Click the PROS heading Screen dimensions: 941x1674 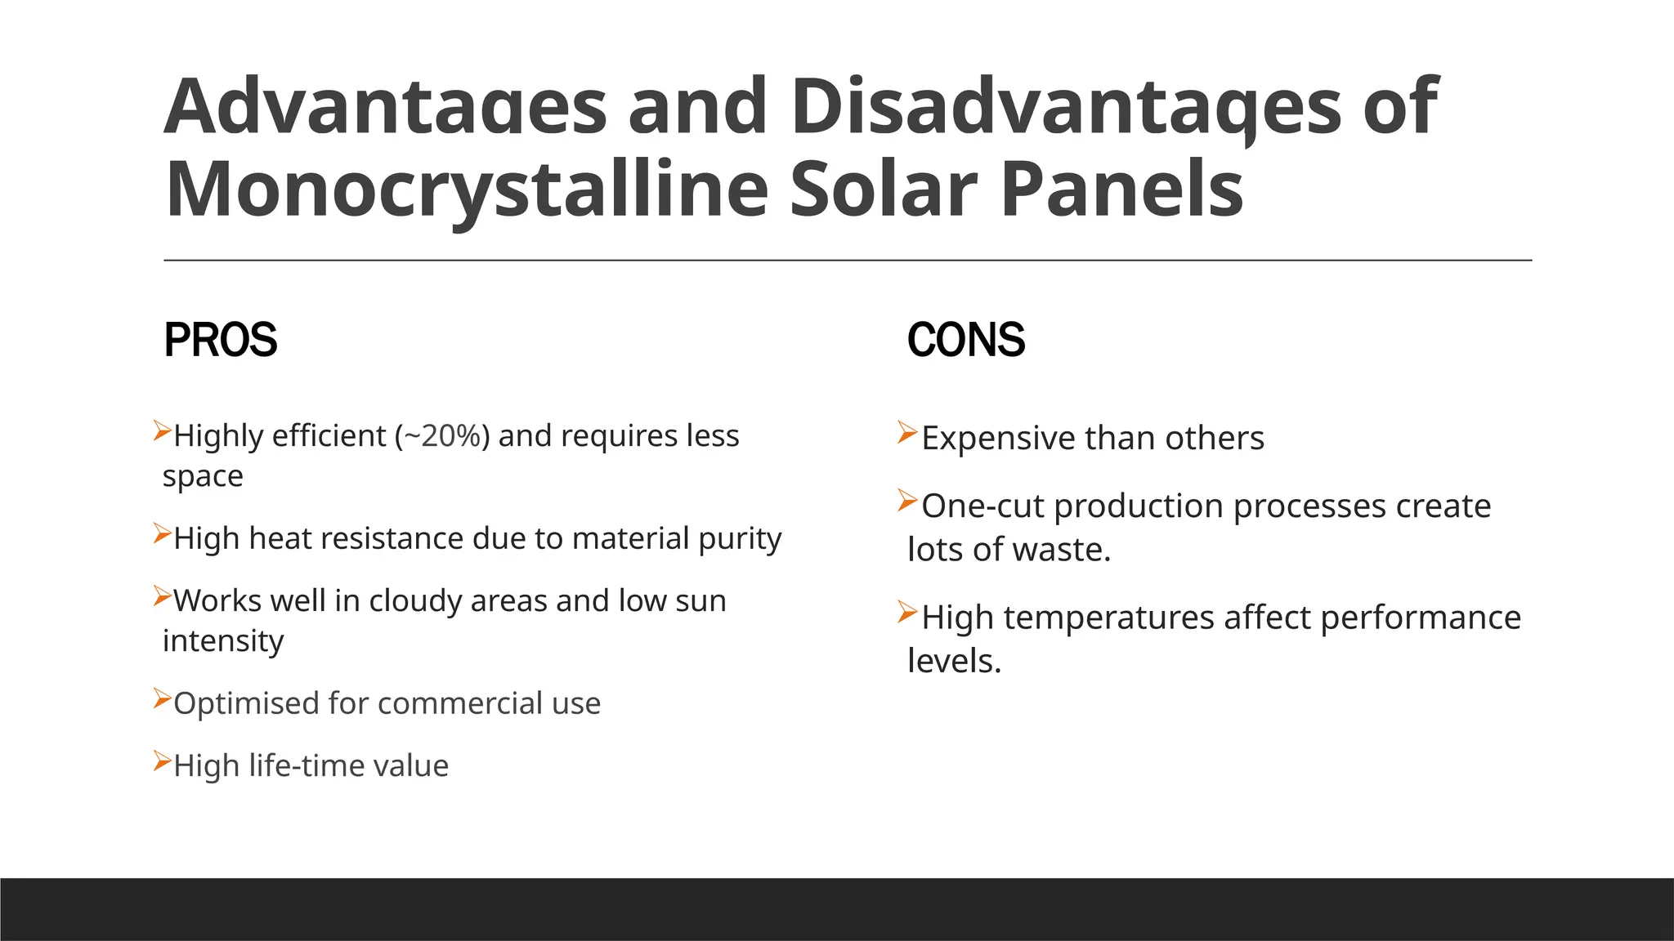(220, 340)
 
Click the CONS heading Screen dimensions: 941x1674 (965, 340)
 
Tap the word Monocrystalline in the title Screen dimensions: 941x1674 (467, 190)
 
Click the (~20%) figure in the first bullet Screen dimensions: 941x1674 (442, 436)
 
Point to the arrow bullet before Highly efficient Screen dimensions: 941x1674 (162, 430)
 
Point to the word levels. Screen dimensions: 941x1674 (953, 661)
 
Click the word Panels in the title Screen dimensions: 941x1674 (1121, 190)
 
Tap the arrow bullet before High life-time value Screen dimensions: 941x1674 (162, 762)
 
